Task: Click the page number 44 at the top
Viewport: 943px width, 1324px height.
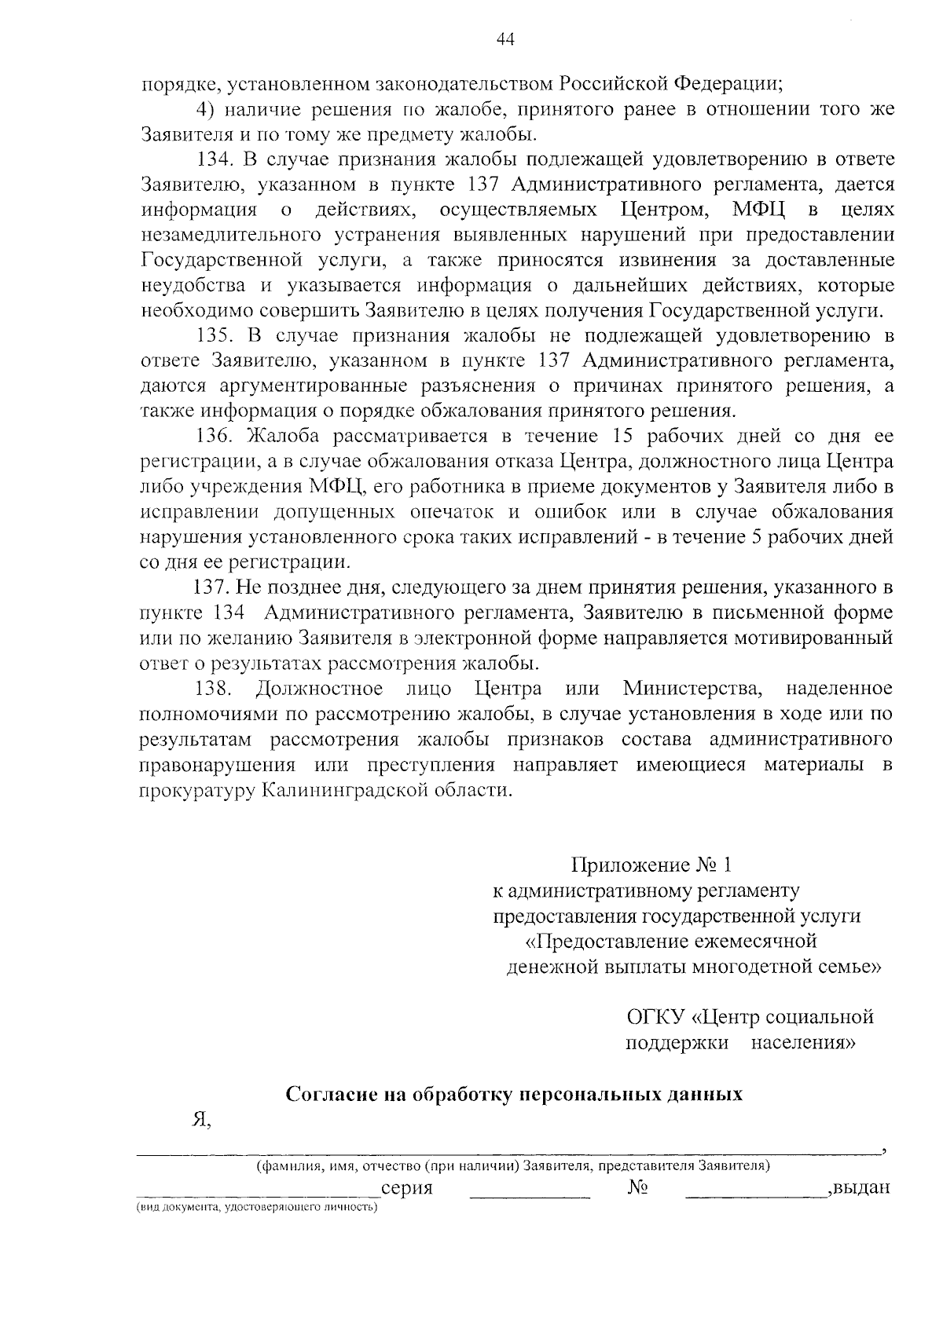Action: (x=505, y=40)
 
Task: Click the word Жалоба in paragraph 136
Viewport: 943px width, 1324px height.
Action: (x=284, y=436)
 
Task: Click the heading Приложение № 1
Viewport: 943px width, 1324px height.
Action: (x=651, y=865)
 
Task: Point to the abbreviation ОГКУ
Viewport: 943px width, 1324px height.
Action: (x=655, y=1018)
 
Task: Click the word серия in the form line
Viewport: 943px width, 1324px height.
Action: (x=406, y=1188)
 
